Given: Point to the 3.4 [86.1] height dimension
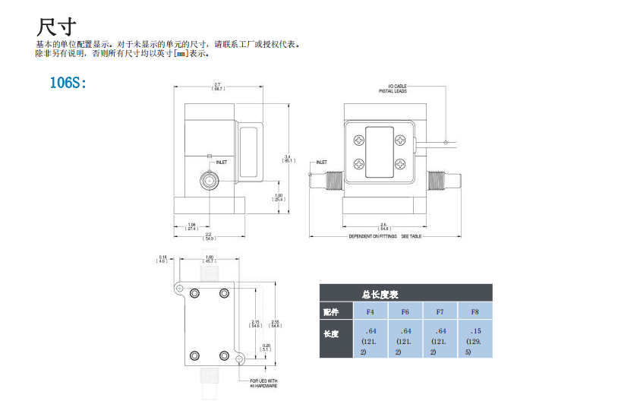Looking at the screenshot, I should pos(288,158).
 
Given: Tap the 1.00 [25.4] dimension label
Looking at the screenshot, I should pos(278,197).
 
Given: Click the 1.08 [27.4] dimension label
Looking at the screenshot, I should pos(191,226).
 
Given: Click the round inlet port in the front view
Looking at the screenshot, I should pos(207,181).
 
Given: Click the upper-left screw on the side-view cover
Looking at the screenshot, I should pos(358,138).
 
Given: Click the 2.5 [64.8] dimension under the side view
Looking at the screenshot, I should pos(384,226).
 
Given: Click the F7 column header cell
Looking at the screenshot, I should pos(440,311).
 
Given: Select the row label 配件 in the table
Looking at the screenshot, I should pos(331,311).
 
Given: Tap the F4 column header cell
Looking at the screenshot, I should pos(370,311).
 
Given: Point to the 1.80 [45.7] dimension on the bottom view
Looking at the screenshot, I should pos(210,259).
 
